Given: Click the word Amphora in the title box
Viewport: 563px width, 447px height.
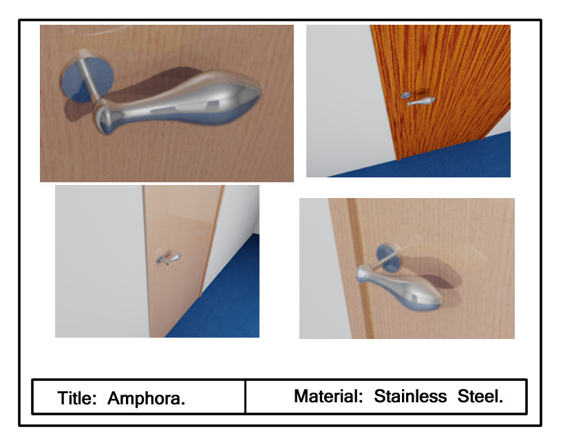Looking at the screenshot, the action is (x=146, y=398).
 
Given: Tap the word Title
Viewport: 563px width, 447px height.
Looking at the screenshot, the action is (x=77, y=398).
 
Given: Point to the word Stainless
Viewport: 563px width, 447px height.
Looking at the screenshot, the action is (x=410, y=396).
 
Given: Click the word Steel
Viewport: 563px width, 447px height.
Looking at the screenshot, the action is (x=480, y=396).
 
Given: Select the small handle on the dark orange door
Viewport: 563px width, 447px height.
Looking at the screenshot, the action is (x=419, y=100).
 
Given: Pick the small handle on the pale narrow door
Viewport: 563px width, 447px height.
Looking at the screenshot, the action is (x=169, y=259).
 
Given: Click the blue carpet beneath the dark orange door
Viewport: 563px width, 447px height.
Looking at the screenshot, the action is (x=431, y=160).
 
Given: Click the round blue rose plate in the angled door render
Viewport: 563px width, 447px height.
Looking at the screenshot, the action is (x=388, y=257).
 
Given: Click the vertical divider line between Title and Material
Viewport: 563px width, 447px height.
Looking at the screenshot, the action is (x=245, y=397).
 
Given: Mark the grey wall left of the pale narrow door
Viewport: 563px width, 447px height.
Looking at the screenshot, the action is (x=100, y=261).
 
